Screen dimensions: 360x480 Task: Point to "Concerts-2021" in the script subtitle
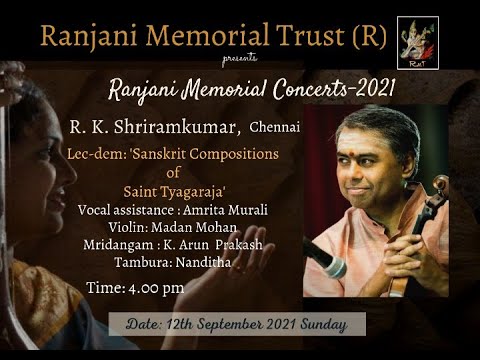click(x=324, y=89)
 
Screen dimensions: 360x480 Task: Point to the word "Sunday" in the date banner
click(x=326, y=325)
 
